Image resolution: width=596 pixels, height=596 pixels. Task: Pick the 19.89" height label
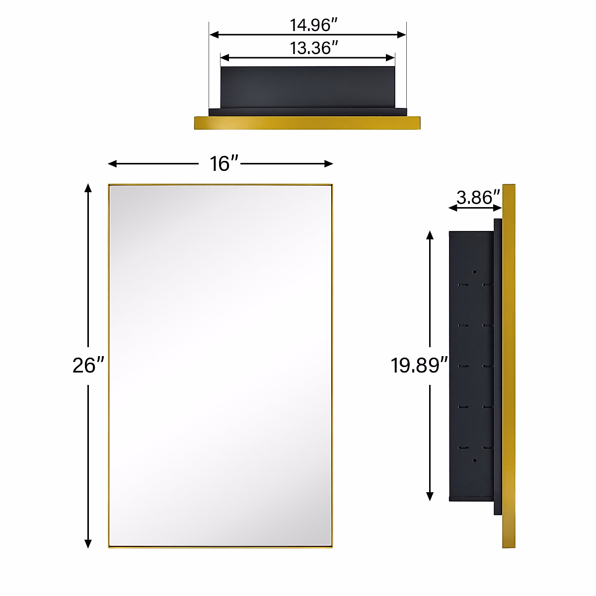(416, 366)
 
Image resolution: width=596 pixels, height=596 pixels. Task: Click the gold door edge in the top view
(307, 123)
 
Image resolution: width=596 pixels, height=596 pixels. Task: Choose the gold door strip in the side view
(509, 366)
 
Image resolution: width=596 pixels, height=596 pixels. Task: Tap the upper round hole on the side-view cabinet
(474, 272)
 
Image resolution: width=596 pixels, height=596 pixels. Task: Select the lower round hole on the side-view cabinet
(474, 460)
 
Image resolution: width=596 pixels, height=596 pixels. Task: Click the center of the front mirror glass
(221, 366)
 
